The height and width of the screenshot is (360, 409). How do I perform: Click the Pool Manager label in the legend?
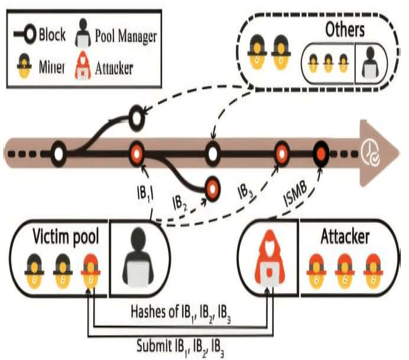click(x=126, y=36)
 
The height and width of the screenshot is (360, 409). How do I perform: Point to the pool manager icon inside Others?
click(x=370, y=59)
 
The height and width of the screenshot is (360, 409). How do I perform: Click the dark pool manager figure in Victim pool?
click(x=139, y=259)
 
